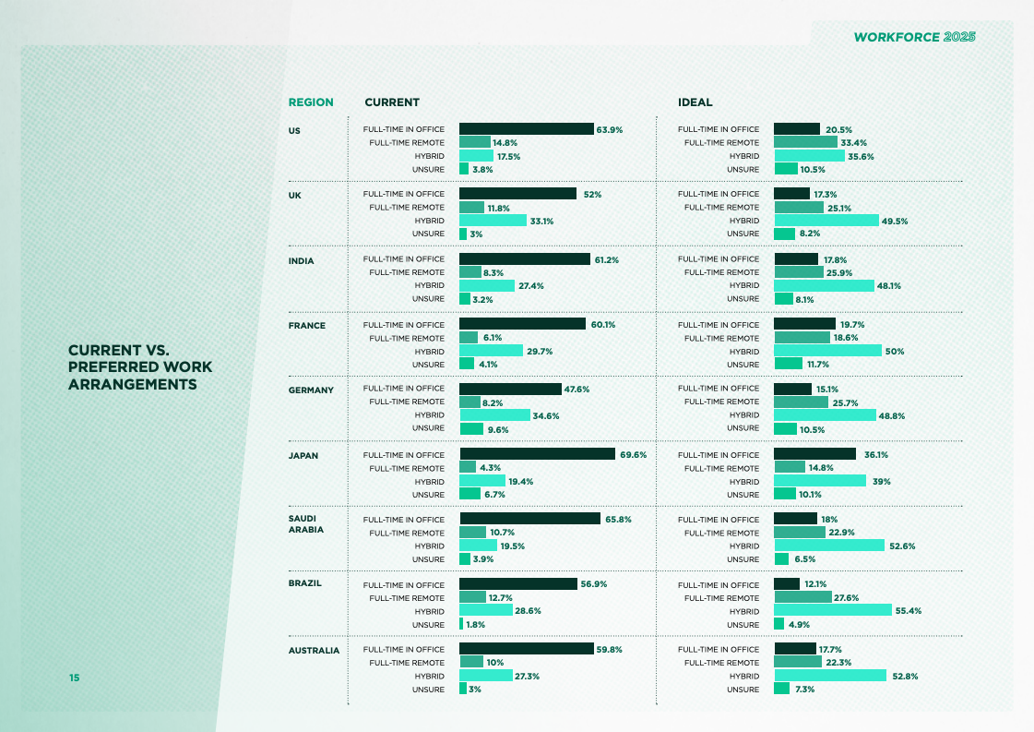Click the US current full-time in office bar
pos(526,129)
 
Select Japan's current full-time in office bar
pos(537,454)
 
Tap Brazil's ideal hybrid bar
pos(832,610)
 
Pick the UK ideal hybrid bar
pos(826,221)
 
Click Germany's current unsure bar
pos(470,428)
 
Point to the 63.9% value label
pos(610,130)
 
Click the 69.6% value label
pos(633,455)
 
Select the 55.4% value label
pos(909,611)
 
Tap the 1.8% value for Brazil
pos(475,625)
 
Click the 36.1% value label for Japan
pos(876,455)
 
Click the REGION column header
pos(311,102)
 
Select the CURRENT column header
pos(392,102)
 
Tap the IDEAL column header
pos(695,102)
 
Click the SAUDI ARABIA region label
pos(306,524)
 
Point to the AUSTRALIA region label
pos(314,650)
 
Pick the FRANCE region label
pos(307,326)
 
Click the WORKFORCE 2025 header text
pos(914,37)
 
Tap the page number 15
pos(74,678)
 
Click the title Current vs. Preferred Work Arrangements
pos(139,367)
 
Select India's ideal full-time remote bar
pos(798,272)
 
